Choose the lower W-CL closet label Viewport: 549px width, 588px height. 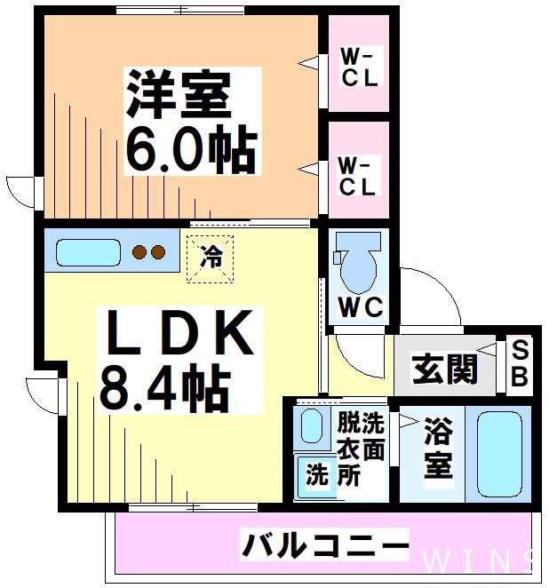coord(360,177)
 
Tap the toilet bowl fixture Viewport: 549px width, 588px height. coord(359,263)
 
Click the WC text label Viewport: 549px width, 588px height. coord(361,308)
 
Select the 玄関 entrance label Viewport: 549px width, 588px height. coord(445,368)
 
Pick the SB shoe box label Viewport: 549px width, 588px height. coord(519,365)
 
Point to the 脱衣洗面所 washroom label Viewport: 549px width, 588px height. coord(361,450)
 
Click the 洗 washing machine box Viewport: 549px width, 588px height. coord(316,474)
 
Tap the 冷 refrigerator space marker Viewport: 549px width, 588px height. coord(211,257)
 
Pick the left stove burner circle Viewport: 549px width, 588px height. coord(139,252)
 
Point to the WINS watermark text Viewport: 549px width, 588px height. coord(480,560)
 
